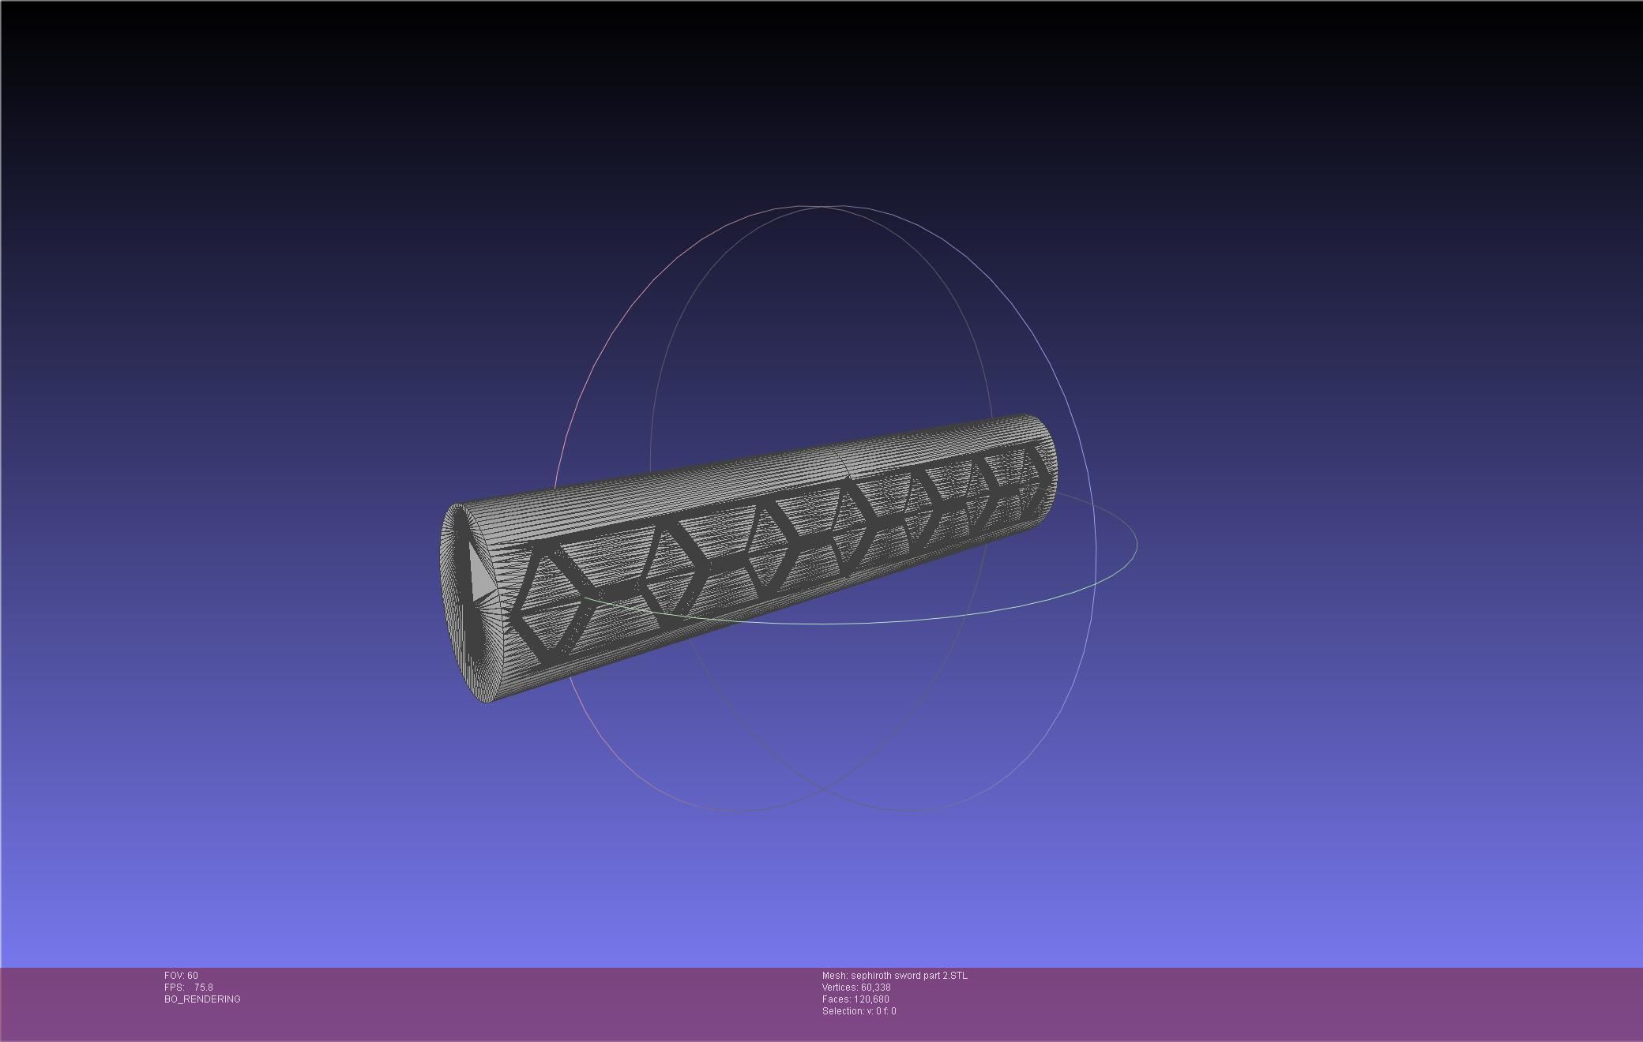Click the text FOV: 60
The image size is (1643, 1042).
(x=181, y=976)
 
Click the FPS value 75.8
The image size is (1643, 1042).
(x=203, y=988)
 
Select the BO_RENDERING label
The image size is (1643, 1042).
(x=202, y=999)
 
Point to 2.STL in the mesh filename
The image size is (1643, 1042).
(x=954, y=976)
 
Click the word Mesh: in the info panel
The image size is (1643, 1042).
(x=834, y=976)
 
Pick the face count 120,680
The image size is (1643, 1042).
(x=871, y=999)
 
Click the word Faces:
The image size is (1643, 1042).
(x=836, y=999)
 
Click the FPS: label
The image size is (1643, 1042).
(x=174, y=988)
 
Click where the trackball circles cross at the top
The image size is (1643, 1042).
(x=822, y=208)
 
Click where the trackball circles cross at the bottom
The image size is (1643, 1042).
(x=822, y=788)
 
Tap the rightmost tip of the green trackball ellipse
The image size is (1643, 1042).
(x=1136, y=544)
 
